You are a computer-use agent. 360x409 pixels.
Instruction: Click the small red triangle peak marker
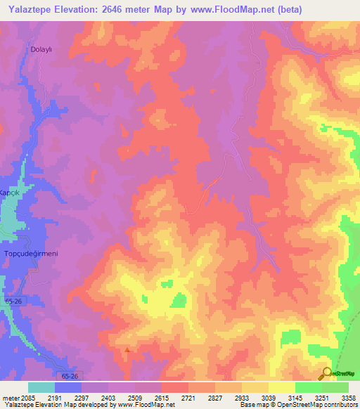click(127, 349)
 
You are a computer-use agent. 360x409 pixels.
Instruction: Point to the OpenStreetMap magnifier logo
click(327, 373)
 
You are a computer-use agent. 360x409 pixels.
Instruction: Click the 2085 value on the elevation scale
click(28, 397)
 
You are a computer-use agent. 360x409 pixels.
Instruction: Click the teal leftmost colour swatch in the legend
click(41, 387)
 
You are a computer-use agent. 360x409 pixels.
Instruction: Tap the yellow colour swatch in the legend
click(282, 387)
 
